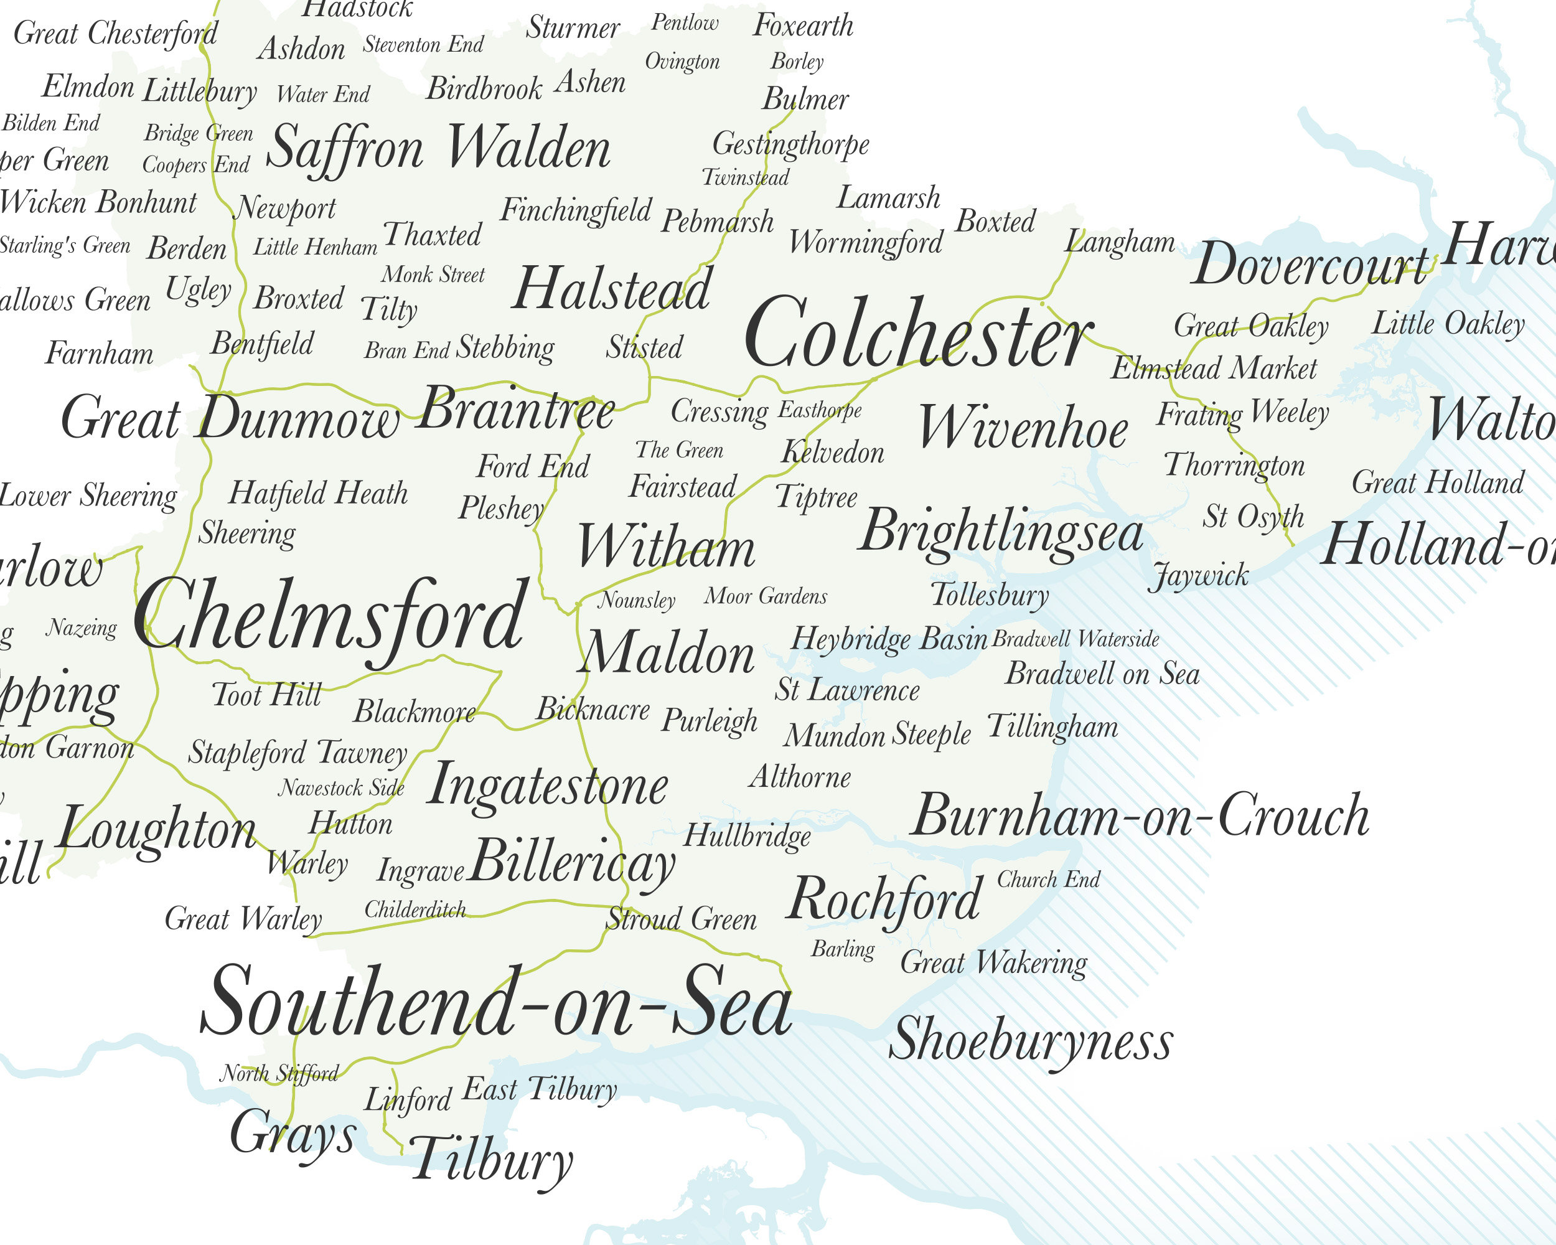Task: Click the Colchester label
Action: (918, 334)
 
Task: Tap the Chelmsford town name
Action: (330, 618)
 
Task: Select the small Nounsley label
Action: (637, 599)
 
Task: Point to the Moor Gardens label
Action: (766, 596)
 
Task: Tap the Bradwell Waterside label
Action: (1076, 639)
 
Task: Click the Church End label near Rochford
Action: (1048, 880)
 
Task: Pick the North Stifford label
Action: (279, 1074)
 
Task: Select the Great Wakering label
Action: (993, 963)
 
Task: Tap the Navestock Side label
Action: (341, 787)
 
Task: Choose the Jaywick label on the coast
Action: (1198, 576)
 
